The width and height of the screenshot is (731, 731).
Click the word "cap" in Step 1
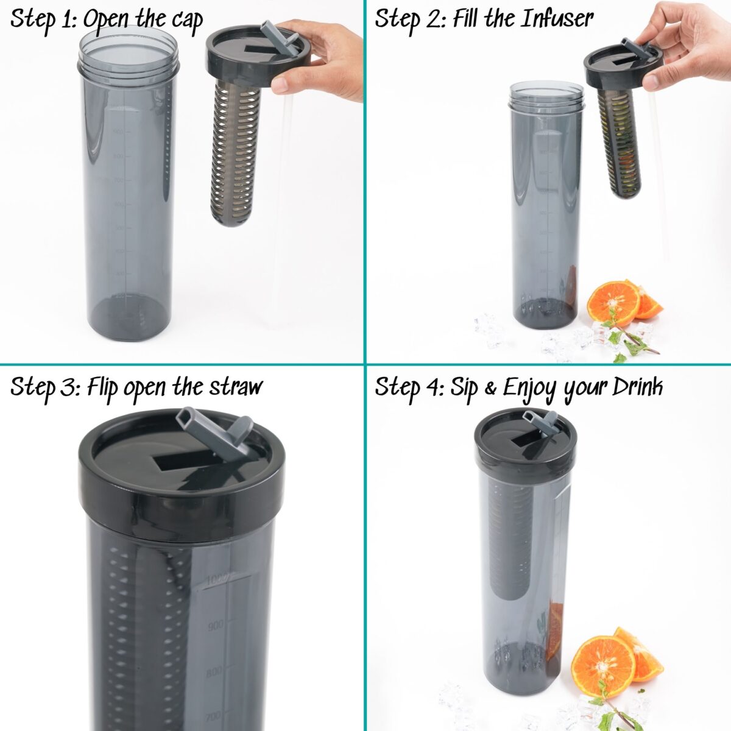(186, 21)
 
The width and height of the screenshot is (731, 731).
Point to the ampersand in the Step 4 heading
(490, 389)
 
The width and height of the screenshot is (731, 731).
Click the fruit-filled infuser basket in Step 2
(618, 144)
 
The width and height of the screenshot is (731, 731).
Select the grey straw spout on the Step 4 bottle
(540, 421)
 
